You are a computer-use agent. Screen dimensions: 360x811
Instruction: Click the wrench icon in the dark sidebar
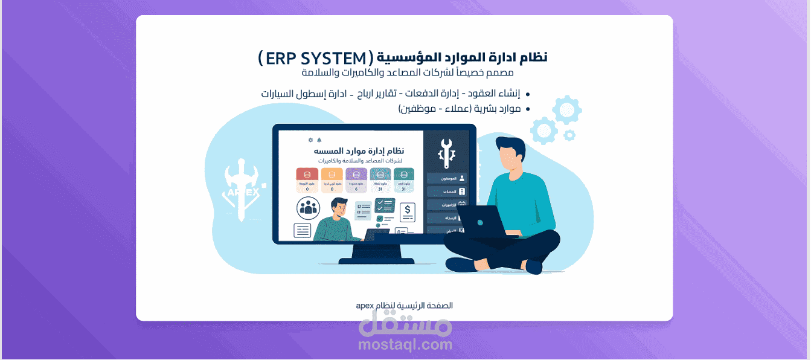tap(447, 152)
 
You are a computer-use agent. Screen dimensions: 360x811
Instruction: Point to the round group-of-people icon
tap(308, 208)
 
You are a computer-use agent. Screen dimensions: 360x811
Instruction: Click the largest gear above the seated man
tap(567, 110)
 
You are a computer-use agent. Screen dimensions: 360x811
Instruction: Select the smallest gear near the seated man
tap(569, 135)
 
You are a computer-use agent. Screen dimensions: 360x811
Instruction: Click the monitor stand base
tap(377, 260)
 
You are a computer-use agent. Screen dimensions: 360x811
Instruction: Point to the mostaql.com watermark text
tap(405, 345)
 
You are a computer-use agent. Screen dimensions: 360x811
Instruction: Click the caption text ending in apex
tap(405, 306)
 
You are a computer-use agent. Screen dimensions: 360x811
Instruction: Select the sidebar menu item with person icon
tap(447, 178)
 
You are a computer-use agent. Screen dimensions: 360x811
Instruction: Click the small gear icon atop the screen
tap(311, 140)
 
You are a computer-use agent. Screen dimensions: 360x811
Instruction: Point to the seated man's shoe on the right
tap(534, 266)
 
